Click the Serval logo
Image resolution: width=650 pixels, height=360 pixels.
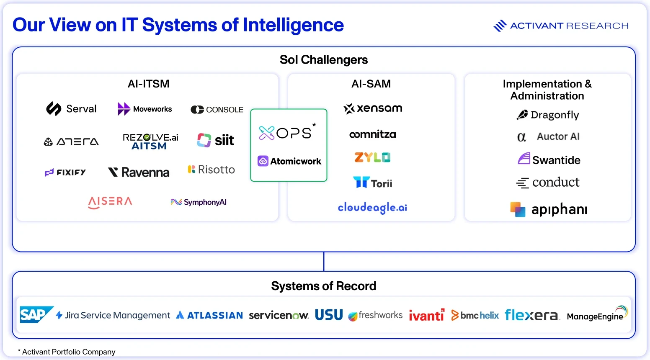pyautogui.click(x=71, y=109)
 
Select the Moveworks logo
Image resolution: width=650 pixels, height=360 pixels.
pyautogui.click(x=145, y=109)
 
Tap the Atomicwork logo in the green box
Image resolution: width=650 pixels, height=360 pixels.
pyautogui.click(x=289, y=161)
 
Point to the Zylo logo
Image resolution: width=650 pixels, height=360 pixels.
pyautogui.click(x=373, y=157)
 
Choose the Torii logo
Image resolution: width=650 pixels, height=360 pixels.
pyautogui.click(x=373, y=183)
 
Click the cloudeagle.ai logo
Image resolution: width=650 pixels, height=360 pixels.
pyautogui.click(x=372, y=208)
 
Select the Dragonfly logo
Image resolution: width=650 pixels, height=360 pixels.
pyautogui.click(x=548, y=115)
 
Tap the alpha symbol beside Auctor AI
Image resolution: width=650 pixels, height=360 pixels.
pyautogui.click(x=521, y=137)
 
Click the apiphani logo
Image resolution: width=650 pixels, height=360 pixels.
pyautogui.click(x=549, y=209)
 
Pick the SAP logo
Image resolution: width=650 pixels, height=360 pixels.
pyautogui.click(x=37, y=314)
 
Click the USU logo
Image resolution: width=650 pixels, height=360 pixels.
pyautogui.click(x=329, y=315)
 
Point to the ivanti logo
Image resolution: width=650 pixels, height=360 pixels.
pyautogui.click(x=426, y=315)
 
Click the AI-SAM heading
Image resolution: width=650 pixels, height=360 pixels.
pyautogui.click(x=371, y=84)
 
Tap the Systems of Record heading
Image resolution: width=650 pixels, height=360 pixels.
pyautogui.click(x=324, y=286)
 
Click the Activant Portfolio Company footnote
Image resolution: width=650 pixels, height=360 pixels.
pyautogui.click(x=67, y=352)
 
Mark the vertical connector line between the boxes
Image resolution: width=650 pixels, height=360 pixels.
pyautogui.click(x=324, y=261)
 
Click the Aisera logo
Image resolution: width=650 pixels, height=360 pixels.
pyautogui.click(x=110, y=203)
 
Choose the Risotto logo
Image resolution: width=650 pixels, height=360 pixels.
pyautogui.click(x=211, y=170)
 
